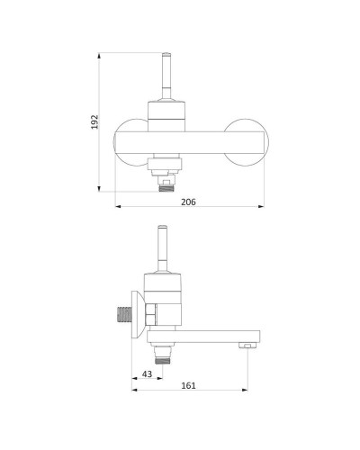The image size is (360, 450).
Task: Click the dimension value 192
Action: [x=94, y=121]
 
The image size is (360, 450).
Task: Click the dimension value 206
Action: [x=188, y=202]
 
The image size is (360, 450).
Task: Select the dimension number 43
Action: [x=147, y=374]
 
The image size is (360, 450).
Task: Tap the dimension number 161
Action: [x=188, y=385]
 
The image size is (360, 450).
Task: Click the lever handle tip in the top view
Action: [x=166, y=55]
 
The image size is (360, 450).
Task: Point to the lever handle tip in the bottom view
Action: [x=162, y=228]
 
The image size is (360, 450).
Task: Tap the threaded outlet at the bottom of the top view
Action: [x=166, y=188]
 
